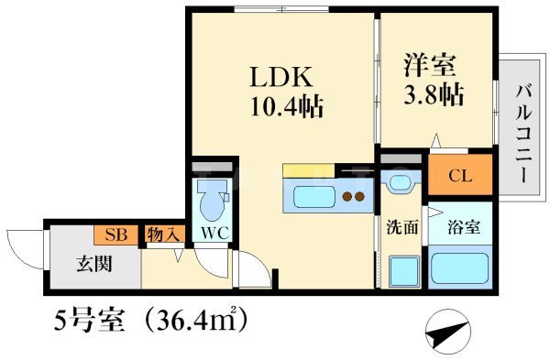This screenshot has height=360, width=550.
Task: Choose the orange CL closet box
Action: [460, 176]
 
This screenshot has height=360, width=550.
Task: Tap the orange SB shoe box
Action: [115, 235]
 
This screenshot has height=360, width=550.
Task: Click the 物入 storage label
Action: [165, 235]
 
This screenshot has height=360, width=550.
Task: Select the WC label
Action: [214, 232]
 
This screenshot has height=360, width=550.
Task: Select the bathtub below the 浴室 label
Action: [460, 268]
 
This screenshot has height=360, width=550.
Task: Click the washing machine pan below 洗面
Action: [401, 270]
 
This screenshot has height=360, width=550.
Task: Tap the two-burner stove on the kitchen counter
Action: [353, 195]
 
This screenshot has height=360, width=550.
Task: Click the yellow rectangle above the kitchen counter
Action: [309, 169]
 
